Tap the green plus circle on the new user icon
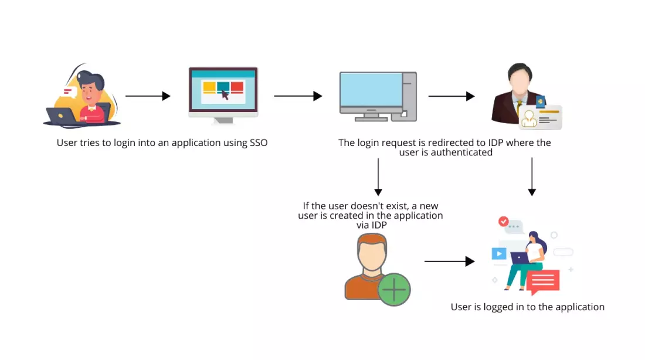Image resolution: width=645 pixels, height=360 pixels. pos(394,289)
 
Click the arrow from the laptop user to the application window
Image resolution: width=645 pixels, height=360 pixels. pos(148,96)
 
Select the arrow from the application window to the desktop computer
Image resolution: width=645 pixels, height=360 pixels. pos(298,96)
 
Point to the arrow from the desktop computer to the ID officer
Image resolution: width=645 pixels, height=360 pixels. pos(451,96)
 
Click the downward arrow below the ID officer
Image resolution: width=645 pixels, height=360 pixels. pos(532,176)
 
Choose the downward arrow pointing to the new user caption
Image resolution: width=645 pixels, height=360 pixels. pos(378,176)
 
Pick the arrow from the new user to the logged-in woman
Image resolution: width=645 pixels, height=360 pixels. pos(449,261)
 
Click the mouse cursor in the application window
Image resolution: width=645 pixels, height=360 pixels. pos(225,94)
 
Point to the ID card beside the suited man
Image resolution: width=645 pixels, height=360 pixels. pos(540,117)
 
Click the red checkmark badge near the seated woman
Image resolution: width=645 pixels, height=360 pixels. pos(503,222)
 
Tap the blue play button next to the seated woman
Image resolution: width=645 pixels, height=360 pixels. pos(498,253)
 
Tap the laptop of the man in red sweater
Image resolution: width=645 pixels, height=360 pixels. pos(62,116)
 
